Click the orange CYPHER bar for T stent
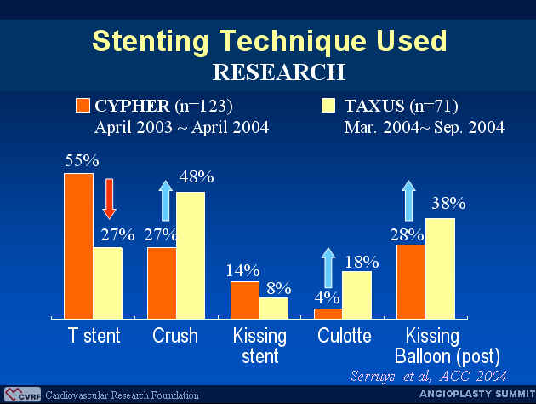coord(78,245)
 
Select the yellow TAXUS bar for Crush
coord(191,255)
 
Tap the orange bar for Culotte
coord(328,314)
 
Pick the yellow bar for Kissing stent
coord(274,309)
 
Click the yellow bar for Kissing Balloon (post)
coord(441,268)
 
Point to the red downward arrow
coord(110,199)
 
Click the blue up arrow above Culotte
coord(328,268)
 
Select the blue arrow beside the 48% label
coord(166,200)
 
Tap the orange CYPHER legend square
coord(83,105)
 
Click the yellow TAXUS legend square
coord(328,105)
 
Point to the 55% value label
coord(82,160)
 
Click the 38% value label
coord(448,203)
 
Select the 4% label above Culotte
coord(328,297)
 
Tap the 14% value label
coord(242,270)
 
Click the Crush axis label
coord(175,336)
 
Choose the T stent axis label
coord(94,336)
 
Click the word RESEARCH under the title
coord(279,72)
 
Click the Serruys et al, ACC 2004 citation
coord(428,376)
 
